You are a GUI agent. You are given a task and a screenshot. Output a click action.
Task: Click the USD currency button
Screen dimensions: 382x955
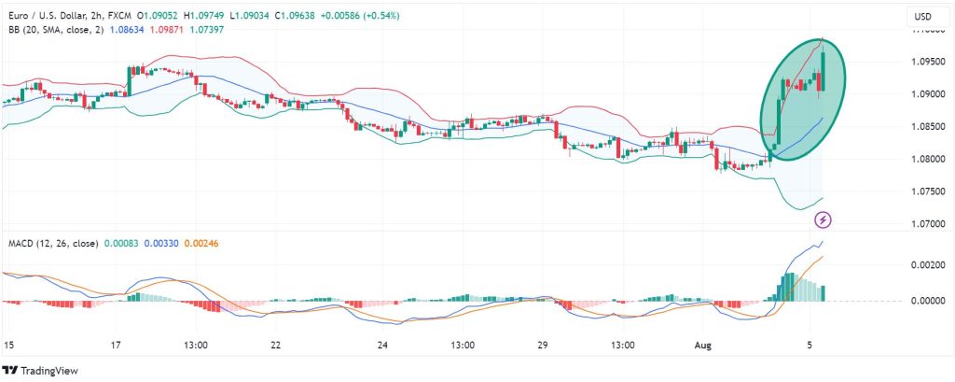(x=922, y=16)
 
